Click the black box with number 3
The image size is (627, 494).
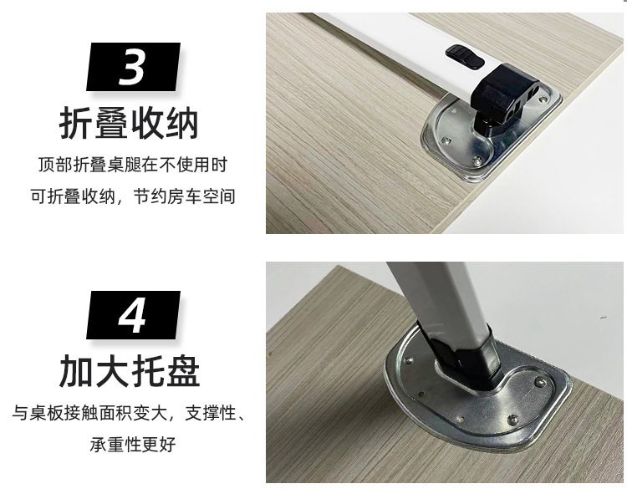pyautogui.click(x=133, y=67)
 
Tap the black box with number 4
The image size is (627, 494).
pyautogui.click(x=133, y=314)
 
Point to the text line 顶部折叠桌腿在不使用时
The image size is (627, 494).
pyautogui.click(x=132, y=166)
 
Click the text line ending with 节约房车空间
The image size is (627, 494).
pyautogui.click(x=132, y=197)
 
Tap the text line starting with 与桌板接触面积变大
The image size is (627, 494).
pyautogui.click(x=132, y=413)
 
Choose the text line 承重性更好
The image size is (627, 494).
pyautogui.click(x=132, y=445)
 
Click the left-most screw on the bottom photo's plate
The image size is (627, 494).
pyautogui.click(x=409, y=362)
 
